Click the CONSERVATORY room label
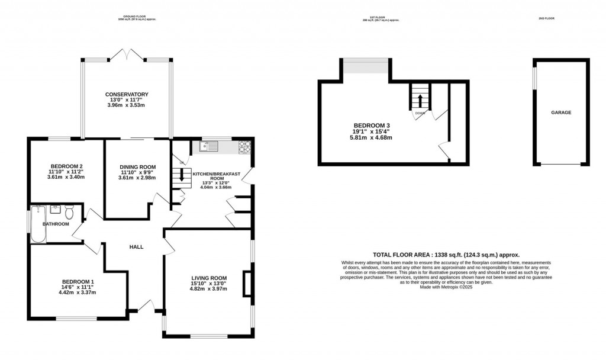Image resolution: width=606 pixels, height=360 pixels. pyautogui.click(x=126, y=95)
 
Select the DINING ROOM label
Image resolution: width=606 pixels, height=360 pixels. pyautogui.click(x=137, y=166)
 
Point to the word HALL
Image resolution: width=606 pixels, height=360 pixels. pyautogui.click(x=137, y=247)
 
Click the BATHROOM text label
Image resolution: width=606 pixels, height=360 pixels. pyautogui.click(x=56, y=224)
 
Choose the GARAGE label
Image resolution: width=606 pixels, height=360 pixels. pyautogui.click(x=561, y=112)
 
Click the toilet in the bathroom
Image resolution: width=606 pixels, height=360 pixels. pyautogui.click(x=69, y=211)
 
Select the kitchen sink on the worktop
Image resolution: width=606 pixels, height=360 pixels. pyautogui.click(x=209, y=146)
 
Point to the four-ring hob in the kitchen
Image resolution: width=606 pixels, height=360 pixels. pyautogui.click(x=244, y=146)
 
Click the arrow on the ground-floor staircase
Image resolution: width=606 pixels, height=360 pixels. pyautogui.click(x=182, y=176)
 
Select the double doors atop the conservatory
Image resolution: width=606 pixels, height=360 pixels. pyautogui.click(x=127, y=56)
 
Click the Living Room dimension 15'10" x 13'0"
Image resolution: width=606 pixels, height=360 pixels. pyautogui.click(x=209, y=284)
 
